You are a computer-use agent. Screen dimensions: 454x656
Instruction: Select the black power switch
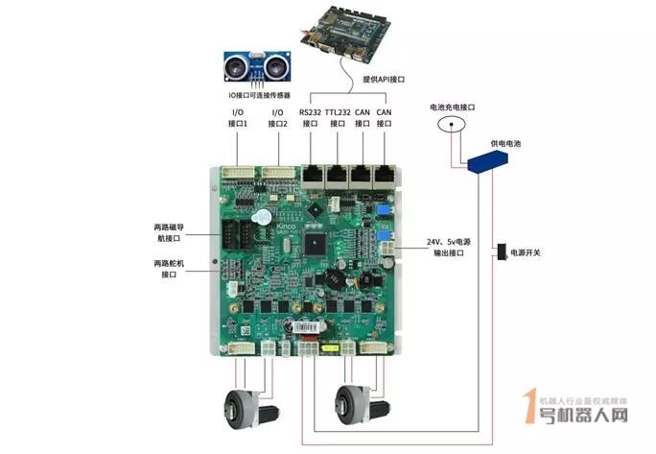tap(500, 252)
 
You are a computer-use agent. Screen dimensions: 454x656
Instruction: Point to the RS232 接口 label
tap(310, 118)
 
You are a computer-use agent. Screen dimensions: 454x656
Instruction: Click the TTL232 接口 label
tap(337, 118)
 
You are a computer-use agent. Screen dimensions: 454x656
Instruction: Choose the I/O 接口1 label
tap(238, 118)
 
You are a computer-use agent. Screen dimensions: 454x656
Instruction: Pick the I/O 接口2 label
tap(278, 118)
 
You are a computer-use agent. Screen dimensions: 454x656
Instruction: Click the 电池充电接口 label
tap(453, 107)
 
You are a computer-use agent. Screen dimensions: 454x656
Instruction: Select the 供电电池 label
tap(505, 142)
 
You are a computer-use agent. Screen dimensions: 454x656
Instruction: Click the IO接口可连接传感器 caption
tap(259, 97)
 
